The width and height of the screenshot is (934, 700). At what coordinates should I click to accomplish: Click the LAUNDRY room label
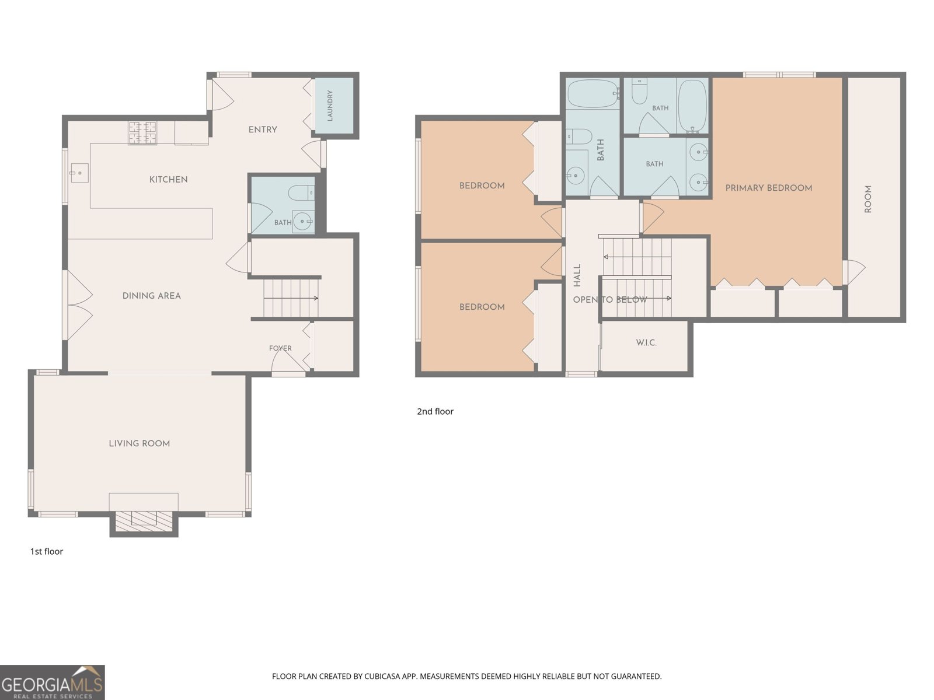(330, 106)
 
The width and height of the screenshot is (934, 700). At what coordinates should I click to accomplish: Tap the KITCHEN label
(169, 179)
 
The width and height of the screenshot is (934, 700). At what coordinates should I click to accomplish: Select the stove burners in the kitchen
(142, 132)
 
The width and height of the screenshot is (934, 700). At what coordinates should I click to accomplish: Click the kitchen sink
(79, 173)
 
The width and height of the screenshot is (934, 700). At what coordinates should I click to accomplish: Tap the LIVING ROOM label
(139, 443)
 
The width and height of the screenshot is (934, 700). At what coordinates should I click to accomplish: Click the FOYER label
(280, 348)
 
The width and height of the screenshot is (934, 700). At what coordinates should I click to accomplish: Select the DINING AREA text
(151, 296)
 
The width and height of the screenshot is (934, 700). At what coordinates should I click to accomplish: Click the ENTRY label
(263, 129)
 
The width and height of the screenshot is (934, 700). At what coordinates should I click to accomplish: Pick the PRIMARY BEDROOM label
(768, 188)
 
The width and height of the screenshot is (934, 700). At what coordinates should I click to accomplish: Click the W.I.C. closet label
(646, 342)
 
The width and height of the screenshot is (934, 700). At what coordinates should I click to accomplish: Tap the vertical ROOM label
(868, 199)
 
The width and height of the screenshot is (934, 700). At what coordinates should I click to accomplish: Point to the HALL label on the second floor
(577, 275)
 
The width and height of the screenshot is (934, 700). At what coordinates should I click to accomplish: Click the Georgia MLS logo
(53, 682)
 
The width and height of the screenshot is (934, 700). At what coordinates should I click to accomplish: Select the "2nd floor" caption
(435, 411)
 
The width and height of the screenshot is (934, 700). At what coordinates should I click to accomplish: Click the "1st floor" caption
(46, 551)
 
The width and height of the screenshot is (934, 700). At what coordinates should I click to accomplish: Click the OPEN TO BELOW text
(610, 300)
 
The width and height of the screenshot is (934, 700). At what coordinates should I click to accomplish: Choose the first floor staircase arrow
(291, 298)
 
